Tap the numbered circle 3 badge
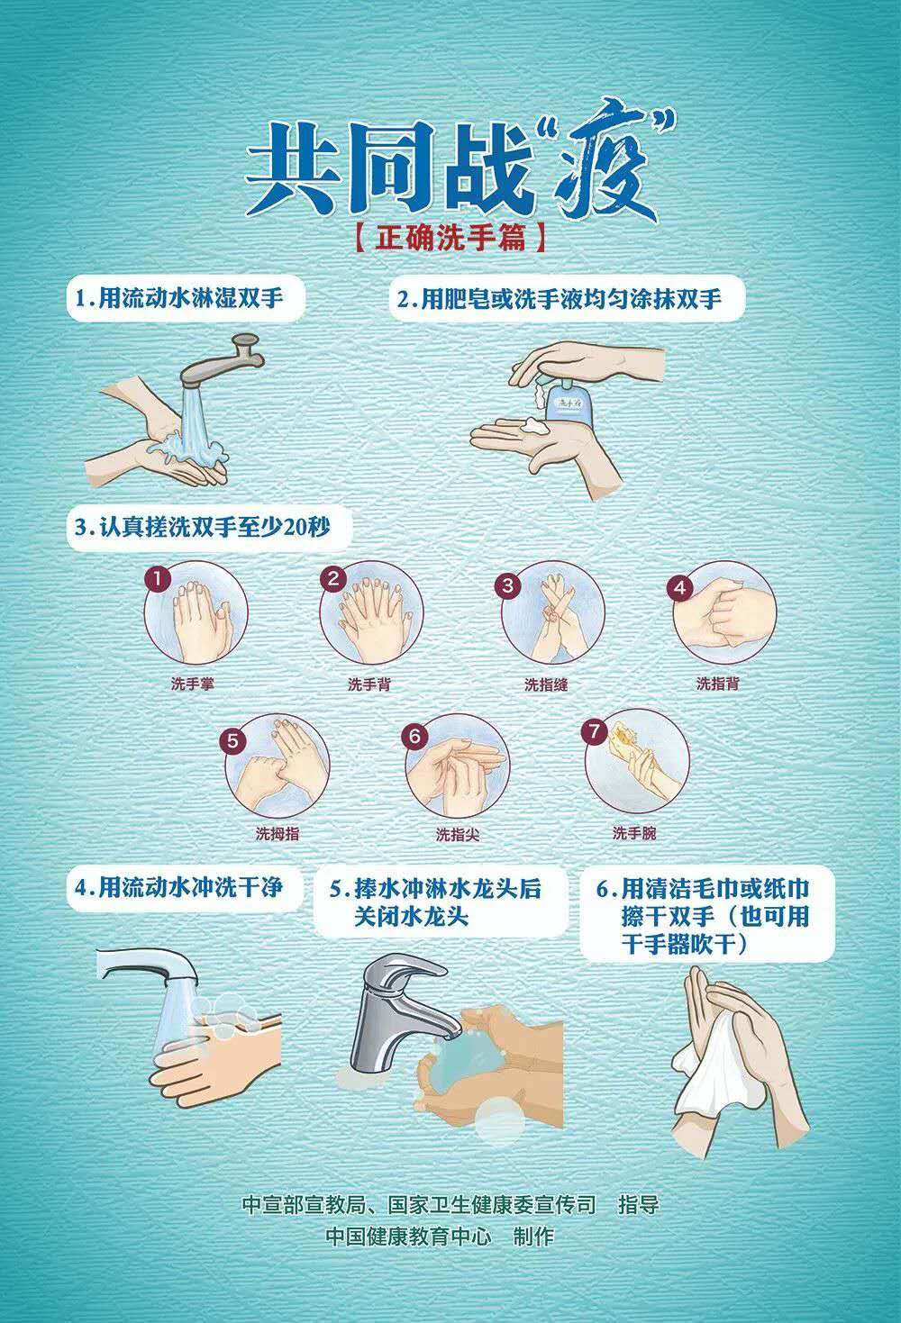[508, 584]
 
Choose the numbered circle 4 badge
[680, 588]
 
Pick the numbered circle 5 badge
[232, 740]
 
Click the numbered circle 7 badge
[595, 731]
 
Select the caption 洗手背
[369, 684]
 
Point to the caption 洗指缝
[546, 684]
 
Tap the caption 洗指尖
[458, 834]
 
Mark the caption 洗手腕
[634, 833]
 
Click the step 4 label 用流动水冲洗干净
[189, 888]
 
